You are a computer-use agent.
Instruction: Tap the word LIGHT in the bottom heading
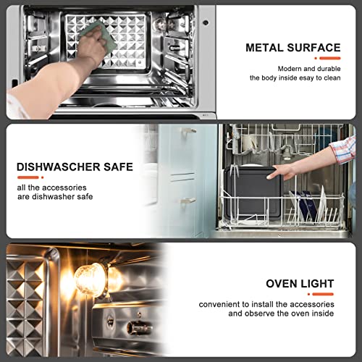(x=316, y=284)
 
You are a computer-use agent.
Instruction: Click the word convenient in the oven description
(x=220, y=304)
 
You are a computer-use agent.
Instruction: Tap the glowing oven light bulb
(x=90, y=279)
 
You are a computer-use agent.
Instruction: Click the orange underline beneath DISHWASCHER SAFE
(x=30, y=177)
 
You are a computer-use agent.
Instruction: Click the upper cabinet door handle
(x=188, y=131)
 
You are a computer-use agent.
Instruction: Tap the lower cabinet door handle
(x=188, y=201)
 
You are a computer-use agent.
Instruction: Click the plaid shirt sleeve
(x=344, y=150)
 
